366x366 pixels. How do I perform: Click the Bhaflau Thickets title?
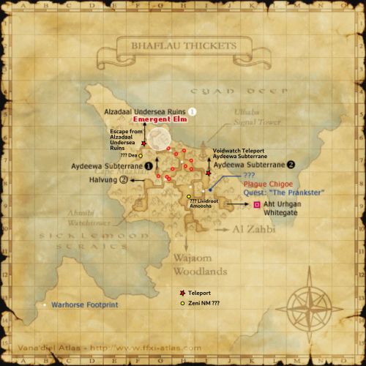[x=183, y=45]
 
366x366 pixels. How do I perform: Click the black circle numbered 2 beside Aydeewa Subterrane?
[x=291, y=165]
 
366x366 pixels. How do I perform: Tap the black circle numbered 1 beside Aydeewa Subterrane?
[x=150, y=166]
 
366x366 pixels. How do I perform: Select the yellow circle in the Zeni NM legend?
[x=182, y=302]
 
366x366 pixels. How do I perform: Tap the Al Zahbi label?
[x=253, y=229]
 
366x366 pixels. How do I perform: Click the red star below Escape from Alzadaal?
[x=144, y=143]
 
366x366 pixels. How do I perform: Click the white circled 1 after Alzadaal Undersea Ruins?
[x=193, y=111]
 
